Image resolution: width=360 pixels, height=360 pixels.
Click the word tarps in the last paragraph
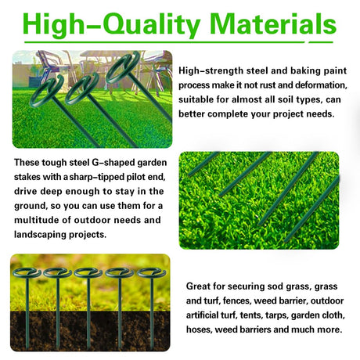277,315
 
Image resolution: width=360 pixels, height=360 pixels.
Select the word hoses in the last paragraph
199,329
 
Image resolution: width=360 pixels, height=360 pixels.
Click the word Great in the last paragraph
198,286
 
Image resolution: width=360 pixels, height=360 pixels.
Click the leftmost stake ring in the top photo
46,91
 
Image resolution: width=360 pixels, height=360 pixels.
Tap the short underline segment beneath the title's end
321,42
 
